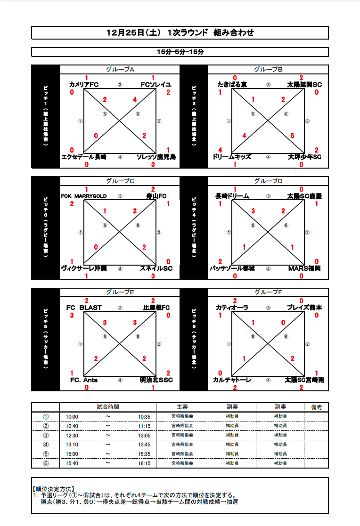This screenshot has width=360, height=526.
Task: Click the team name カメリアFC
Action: pos(83,85)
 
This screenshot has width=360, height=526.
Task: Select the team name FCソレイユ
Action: pos(156,85)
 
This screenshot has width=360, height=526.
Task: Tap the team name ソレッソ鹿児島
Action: pos(156,157)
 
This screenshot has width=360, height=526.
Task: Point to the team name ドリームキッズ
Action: pos(232,157)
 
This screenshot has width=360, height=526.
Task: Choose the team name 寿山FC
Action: pos(156,196)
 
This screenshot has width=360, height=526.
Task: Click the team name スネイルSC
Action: pos(156,268)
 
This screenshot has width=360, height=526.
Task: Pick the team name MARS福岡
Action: pos(304,268)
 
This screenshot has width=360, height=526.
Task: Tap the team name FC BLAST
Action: pos(84,308)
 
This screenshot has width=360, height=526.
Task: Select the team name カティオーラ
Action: pos(232,308)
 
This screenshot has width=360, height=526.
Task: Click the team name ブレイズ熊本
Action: pos(304,308)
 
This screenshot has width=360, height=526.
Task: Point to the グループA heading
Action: pos(120,70)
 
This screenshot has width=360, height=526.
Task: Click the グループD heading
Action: pos(268,181)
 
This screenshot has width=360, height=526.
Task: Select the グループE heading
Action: pos(120,292)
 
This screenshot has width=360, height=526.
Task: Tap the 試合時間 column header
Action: pos(108,407)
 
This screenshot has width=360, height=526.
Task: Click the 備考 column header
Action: pos(316,407)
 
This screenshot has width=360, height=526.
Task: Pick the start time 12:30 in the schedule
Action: pos(72,435)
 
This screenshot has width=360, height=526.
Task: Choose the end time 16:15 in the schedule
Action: pos(144,463)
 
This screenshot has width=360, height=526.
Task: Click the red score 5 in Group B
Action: pos(293,135)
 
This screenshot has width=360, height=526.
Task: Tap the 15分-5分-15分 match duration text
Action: pos(180,52)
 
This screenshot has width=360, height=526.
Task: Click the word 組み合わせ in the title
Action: pos(234,33)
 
